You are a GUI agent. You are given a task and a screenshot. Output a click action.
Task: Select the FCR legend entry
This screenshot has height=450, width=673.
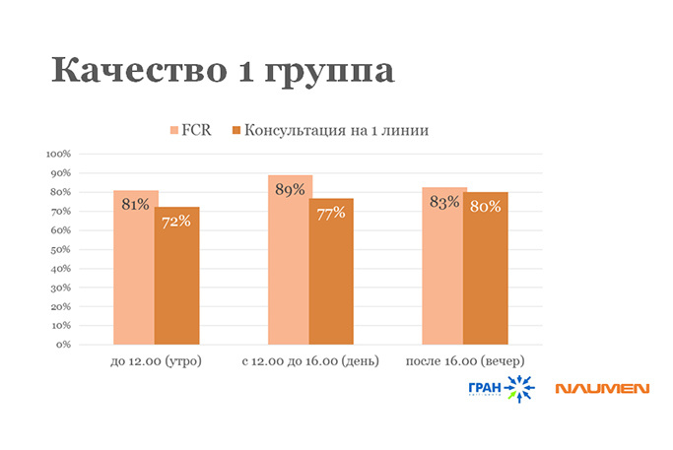coord(191,130)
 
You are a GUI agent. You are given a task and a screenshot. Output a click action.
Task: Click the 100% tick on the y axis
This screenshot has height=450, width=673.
coord(58,154)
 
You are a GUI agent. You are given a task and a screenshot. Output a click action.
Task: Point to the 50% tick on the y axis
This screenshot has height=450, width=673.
coord(60,249)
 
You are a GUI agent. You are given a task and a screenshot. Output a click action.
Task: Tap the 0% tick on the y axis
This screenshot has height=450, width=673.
coord(63,345)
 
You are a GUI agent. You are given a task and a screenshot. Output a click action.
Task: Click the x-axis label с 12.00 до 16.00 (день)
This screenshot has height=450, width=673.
coord(310,362)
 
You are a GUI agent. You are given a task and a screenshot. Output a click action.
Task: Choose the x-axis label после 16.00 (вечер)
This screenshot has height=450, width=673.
coord(465,362)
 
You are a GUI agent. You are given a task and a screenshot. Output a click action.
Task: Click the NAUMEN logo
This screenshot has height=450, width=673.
coord(601,389)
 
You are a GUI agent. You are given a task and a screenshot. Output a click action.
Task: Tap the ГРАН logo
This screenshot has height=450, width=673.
coord(502,389)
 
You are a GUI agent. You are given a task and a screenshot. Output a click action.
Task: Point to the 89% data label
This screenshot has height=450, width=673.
coord(290,190)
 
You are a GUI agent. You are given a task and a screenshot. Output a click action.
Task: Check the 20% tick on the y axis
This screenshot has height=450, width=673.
coord(60,306)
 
